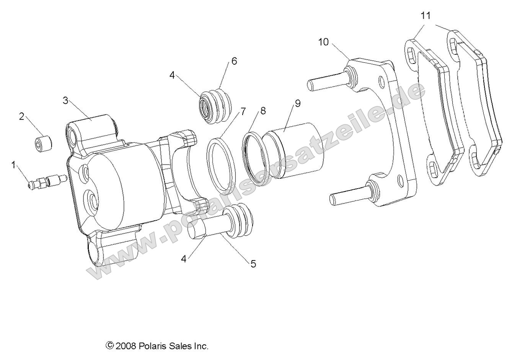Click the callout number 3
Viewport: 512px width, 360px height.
[65, 101]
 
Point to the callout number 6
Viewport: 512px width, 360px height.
[234, 61]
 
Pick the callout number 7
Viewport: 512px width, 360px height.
[242, 112]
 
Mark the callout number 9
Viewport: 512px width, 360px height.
[297, 103]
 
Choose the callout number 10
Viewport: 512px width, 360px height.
[323, 42]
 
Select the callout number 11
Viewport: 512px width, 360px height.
[426, 16]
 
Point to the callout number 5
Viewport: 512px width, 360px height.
[253, 264]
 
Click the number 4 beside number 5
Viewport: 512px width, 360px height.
[184, 259]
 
